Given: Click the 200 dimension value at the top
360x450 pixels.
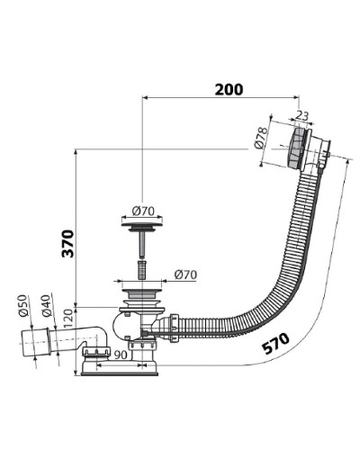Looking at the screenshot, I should click(x=230, y=89).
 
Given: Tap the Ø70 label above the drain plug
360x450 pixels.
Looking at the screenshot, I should click(x=143, y=212).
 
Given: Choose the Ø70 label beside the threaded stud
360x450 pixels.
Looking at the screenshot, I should click(x=185, y=274).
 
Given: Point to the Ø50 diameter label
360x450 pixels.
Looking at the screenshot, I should click(x=22, y=306).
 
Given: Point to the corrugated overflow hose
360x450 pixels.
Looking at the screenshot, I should click(x=270, y=270).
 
